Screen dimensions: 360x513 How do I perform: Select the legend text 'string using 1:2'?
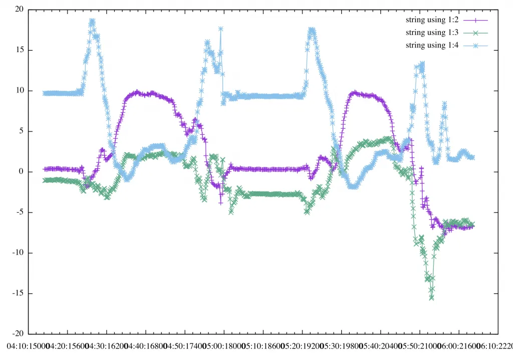(x=432, y=20)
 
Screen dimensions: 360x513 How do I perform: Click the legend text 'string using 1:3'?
(x=432, y=33)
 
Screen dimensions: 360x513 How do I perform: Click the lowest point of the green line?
(x=431, y=298)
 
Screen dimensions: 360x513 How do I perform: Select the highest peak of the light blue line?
(x=92, y=21)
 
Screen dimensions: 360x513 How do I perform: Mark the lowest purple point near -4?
(x=220, y=202)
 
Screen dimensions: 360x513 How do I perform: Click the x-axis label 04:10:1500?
(x=28, y=346)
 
